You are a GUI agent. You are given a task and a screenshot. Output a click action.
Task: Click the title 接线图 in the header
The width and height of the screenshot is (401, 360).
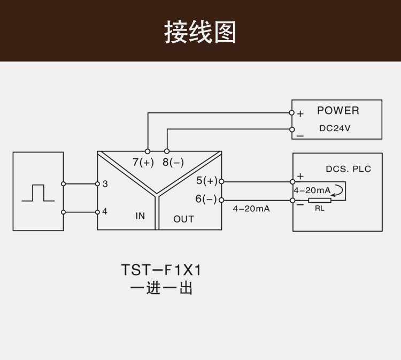[x=200, y=32]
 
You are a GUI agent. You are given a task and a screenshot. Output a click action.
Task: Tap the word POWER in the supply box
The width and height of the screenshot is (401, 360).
[x=338, y=111]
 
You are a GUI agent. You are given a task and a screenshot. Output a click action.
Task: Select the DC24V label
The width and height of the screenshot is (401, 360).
[x=335, y=128]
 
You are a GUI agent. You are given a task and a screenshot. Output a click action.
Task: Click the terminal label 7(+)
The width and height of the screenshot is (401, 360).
[x=143, y=162]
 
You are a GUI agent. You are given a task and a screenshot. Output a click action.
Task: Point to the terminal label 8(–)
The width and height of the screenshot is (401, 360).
[x=173, y=162]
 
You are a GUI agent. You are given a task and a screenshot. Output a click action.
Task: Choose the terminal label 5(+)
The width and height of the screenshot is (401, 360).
[x=206, y=181]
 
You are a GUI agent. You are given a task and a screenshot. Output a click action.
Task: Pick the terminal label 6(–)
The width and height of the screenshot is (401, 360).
[x=206, y=199]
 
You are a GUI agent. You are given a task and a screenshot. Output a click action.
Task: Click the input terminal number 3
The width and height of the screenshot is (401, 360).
[x=105, y=183]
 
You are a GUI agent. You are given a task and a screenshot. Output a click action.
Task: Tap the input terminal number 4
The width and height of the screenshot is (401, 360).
[x=105, y=211]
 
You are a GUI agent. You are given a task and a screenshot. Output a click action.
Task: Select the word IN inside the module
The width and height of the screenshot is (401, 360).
[x=140, y=216]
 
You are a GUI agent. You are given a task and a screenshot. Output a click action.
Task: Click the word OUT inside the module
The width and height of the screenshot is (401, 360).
[x=183, y=219]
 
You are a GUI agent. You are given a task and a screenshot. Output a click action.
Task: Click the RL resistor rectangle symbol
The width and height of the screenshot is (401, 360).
[x=320, y=201]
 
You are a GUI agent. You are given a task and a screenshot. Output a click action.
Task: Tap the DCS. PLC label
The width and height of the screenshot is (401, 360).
[x=348, y=169]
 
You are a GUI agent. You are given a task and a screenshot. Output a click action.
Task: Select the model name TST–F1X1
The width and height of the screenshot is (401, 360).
[x=161, y=270]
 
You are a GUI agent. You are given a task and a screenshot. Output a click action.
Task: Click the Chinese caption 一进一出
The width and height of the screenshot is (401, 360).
[x=161, y=288]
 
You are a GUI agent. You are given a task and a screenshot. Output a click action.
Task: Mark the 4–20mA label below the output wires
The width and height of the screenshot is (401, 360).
[x=251, y=209]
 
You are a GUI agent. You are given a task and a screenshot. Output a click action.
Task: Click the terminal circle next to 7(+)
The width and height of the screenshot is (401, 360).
[x=148, y=151]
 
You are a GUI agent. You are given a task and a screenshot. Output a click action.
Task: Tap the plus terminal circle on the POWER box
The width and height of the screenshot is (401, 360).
[x=291, y=112]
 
